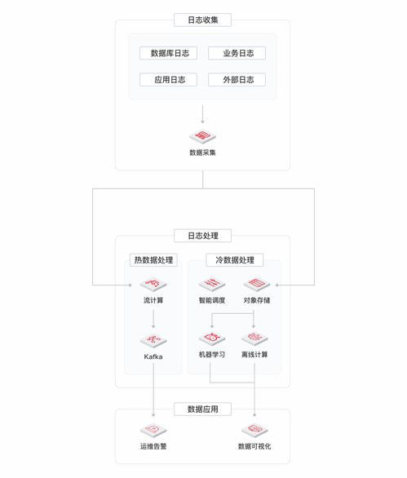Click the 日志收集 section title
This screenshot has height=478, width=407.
[x=202, y=20]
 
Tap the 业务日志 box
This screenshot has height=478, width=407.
[x=237, y=53]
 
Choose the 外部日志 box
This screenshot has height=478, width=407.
[x=237, y=80]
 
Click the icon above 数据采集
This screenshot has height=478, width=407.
[x=202, y=136]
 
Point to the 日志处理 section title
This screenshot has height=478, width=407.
[x=202, y=235]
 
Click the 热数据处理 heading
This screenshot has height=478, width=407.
[x=153, y=260]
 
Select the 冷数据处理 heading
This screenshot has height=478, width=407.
[x=234, y=260]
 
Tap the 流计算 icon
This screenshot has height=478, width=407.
[x=153, y=285]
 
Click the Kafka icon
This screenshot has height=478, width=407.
[x=153, y=340]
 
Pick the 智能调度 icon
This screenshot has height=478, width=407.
[x=210, y=285]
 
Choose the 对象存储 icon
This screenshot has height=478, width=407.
[x=254, y=285]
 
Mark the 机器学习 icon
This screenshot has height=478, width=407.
[x=210, y=338]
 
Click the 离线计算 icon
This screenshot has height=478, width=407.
[x=254, y=338]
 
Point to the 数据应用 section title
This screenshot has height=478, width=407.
[x=202, y=409]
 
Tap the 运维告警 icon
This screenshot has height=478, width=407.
[x=153, y=431]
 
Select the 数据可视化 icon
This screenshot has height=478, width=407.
[x=254, y=431]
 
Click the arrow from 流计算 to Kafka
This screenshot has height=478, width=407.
[x=153, y=317]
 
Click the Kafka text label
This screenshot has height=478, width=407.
[x=153, y=356]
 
